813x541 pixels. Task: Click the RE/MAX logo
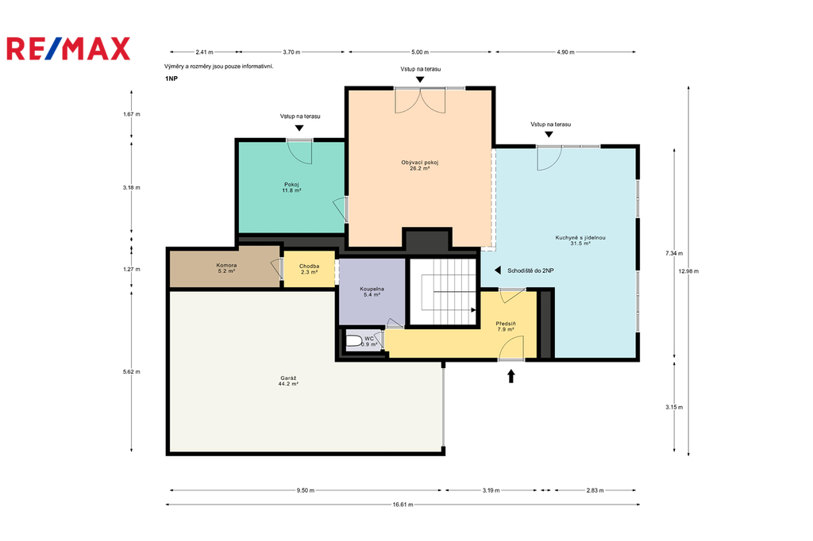click(68, 48)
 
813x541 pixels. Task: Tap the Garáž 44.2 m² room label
click(288, 382)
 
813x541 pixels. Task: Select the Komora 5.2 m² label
click(226, 268)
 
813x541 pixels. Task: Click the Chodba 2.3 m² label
click(310, 269)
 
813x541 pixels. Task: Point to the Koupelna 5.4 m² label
click(372, 292)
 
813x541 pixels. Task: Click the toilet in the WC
click(354, 341)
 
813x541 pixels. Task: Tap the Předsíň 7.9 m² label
click(506, 327)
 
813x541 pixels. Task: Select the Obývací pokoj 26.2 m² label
click(420, 165)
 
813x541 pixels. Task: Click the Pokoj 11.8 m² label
click(291, 187)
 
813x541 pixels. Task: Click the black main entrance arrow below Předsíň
click(511, 376)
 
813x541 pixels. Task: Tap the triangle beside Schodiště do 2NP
click(497, 270)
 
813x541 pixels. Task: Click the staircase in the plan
click(443, 292)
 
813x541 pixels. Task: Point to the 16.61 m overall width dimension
click(403, 505)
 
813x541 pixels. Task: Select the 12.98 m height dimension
click(688, 271)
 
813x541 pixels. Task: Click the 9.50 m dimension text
click(306, 490)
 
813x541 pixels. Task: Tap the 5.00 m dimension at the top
click(420, 52)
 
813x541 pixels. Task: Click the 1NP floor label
click(171, 79)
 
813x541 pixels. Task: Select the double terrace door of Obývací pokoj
click(420, 100)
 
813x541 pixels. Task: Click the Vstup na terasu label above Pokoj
click(300, 116)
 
